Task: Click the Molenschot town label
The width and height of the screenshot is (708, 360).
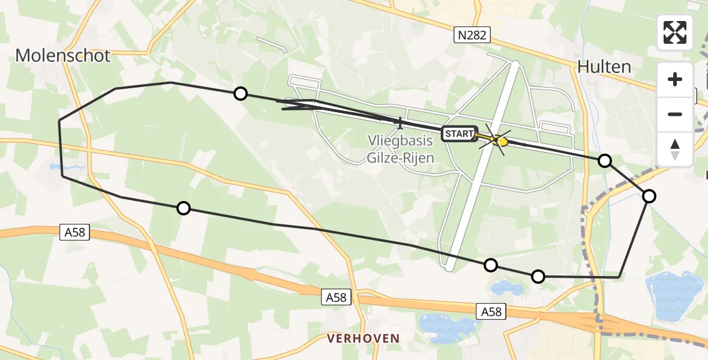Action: [x=63, y=56]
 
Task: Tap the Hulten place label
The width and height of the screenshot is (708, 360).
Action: [x=604, y=67]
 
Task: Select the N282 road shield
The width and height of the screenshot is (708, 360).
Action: [x=472, y=36]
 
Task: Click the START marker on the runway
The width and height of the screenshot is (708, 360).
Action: [x=460, y=134]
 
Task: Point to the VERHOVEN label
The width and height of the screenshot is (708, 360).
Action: [x=363, y=338]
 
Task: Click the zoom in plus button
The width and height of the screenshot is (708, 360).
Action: [x=675, y=80]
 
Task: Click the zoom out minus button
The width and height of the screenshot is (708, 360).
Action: [x=675, y=114]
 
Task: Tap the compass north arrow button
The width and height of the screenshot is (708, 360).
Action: [x=675, y=148]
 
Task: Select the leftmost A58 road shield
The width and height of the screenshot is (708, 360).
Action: [x=75, y=232]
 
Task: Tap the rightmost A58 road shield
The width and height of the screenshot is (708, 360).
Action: [x=491, y=311]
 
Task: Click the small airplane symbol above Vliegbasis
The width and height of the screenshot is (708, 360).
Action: [x=400, y=123]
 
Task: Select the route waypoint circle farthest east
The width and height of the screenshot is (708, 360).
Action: [x=649, y=196]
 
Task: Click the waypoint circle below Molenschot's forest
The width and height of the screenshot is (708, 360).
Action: [x=184, y=208]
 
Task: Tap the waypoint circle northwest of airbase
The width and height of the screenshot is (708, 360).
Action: [x=240, y=93]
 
